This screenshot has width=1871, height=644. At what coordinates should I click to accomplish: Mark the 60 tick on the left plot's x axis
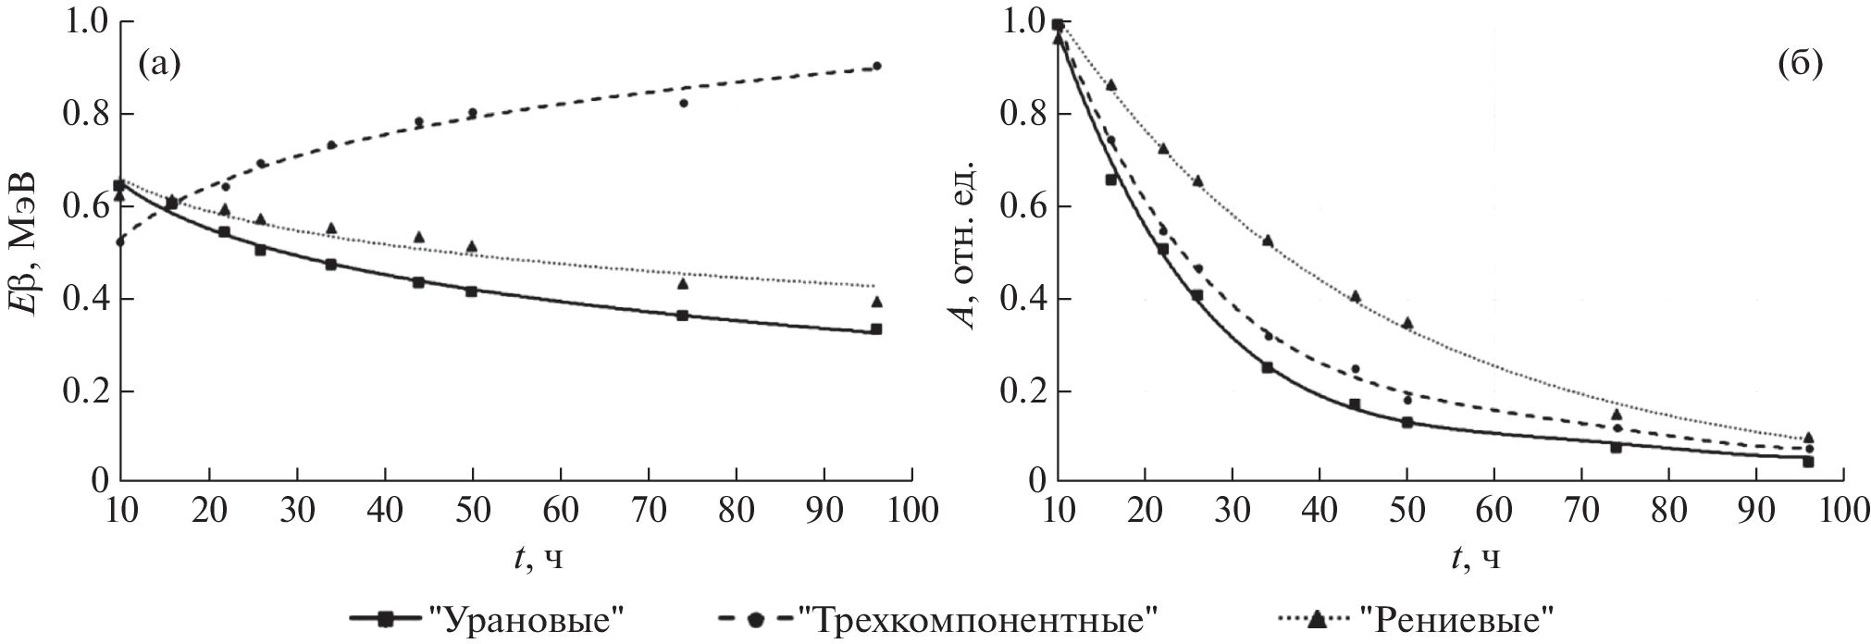[x=560, y=511]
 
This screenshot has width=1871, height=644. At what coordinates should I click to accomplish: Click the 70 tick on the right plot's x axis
[x=1580, y=511]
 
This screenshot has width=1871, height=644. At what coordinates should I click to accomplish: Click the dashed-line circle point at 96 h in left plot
[x=876, y=66]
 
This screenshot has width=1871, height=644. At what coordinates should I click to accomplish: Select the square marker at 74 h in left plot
[x=683, y=316]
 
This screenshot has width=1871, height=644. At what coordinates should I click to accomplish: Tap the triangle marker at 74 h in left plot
[x=683, y=283]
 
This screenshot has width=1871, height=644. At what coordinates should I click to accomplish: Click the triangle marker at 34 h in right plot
[x=1268, y=241]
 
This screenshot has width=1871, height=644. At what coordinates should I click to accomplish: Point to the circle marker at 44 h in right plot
[x=1355, y=369]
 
